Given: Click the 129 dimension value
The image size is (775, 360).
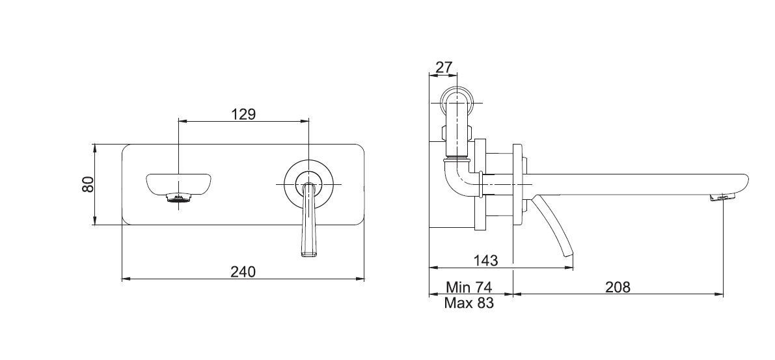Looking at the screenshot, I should (x=243, y=113).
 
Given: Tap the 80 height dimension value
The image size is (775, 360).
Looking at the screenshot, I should (x=88, y=184).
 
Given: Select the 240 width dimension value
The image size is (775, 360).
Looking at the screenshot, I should (x=243, y=271).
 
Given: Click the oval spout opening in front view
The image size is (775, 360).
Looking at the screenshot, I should (x=178, y=182).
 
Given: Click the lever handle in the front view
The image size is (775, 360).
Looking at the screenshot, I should (x=308, y=225).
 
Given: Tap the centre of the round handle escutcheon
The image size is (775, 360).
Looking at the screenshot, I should (x=308, y=184).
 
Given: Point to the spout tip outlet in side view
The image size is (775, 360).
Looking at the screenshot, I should (x=724, y=197).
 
